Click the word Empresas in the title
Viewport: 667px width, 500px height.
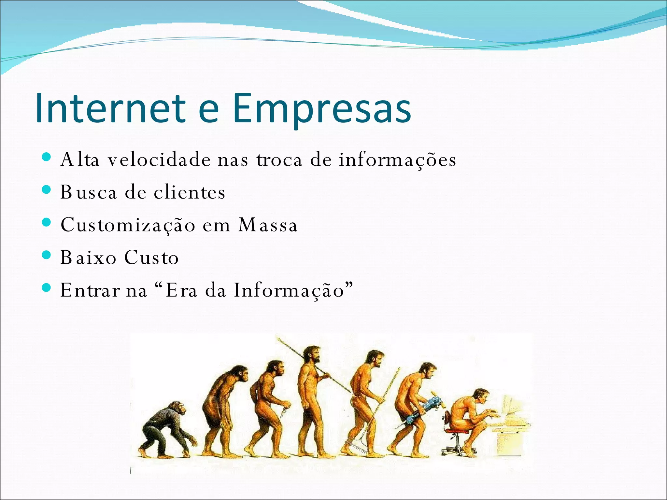(322, 109)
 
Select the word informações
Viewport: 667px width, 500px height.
(397, 160)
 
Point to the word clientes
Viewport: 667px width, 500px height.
(190, 192)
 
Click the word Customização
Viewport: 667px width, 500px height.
(128, 225)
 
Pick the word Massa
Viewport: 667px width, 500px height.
(268, 225)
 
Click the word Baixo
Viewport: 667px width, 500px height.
(88, 257)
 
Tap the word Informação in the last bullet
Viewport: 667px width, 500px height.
(289, 290)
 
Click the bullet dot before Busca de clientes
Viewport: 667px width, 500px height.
(47, 190)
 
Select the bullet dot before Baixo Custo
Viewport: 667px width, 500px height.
(47, 255)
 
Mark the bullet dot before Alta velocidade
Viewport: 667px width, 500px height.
(47, 157)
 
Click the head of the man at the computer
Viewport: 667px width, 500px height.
(481, 396)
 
